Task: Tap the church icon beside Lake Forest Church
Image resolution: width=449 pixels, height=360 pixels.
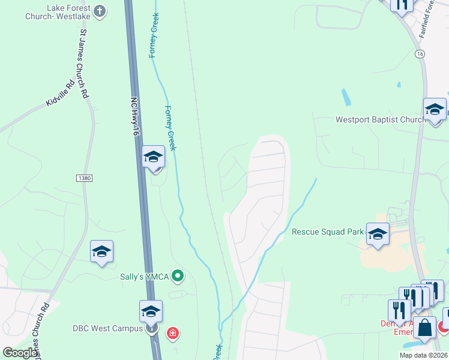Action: (x=100, y=11)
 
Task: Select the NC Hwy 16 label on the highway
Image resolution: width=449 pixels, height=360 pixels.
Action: (x=134, y=116)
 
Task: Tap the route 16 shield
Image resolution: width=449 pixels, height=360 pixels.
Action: (x=419, y=54)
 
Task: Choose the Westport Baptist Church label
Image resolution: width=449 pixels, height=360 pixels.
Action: (x=380, y=119)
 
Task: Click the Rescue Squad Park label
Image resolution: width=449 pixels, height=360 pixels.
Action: (x=327, y=232)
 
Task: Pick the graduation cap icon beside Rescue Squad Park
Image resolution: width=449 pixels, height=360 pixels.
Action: (x=378, y=235)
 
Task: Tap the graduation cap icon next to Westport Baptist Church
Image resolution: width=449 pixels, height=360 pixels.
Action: (x=434, y=110)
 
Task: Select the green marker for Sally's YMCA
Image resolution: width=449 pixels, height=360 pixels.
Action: (x=177, y=276)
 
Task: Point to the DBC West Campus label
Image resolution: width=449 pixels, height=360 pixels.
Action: (x=108, y=328)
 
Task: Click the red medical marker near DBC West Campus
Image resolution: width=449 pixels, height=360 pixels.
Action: (x=173, y=333)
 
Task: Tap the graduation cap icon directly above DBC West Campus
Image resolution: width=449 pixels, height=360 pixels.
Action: (x=151, y=311)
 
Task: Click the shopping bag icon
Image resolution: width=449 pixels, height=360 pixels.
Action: (x=424, y=328)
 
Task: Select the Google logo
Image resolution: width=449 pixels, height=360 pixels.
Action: (x=20, y=352)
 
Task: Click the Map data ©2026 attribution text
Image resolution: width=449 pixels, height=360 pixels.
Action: (x=422, y=355)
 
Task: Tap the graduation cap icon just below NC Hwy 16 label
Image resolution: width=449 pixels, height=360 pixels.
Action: (x=154, y=158)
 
